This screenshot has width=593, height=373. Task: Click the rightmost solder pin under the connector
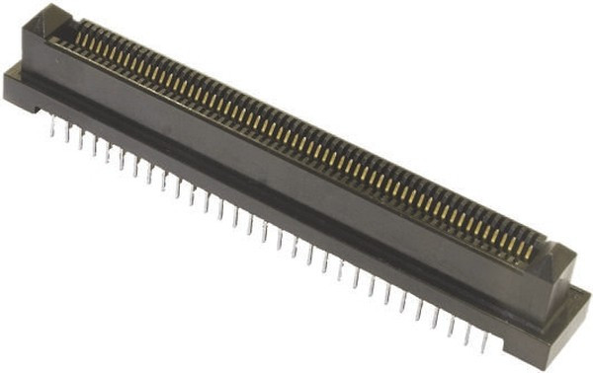[x=483, y=340]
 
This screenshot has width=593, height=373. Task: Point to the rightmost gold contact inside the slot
[x=528, y=252]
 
